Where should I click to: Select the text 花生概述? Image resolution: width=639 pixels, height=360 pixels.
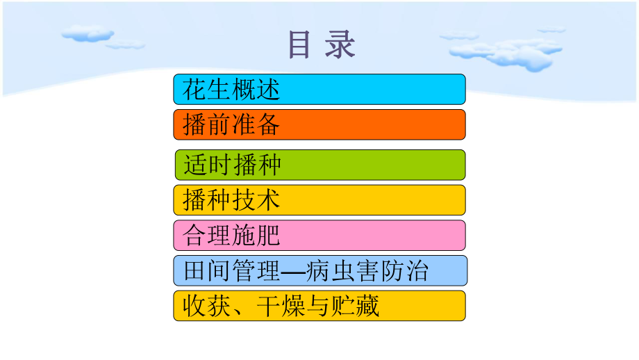point(231,89)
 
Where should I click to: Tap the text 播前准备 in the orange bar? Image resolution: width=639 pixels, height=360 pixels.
point(231,124)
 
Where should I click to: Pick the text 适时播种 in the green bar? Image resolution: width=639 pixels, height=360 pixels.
point(232,165)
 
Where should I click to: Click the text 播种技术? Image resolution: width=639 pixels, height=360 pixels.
point(231,200)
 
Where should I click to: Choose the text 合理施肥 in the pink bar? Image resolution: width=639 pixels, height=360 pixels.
point(231,236)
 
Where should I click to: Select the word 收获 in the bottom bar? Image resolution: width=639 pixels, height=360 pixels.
point(207,306)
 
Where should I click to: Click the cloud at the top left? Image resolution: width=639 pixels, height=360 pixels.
point(88,34)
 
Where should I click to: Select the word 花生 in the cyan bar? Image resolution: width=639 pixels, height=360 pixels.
point(207,89)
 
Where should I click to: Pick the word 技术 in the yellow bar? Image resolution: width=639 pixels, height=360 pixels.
point(256,200)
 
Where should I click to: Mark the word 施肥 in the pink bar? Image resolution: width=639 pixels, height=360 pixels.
point(256,236)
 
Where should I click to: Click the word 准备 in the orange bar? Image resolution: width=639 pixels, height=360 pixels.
point(256,124)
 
